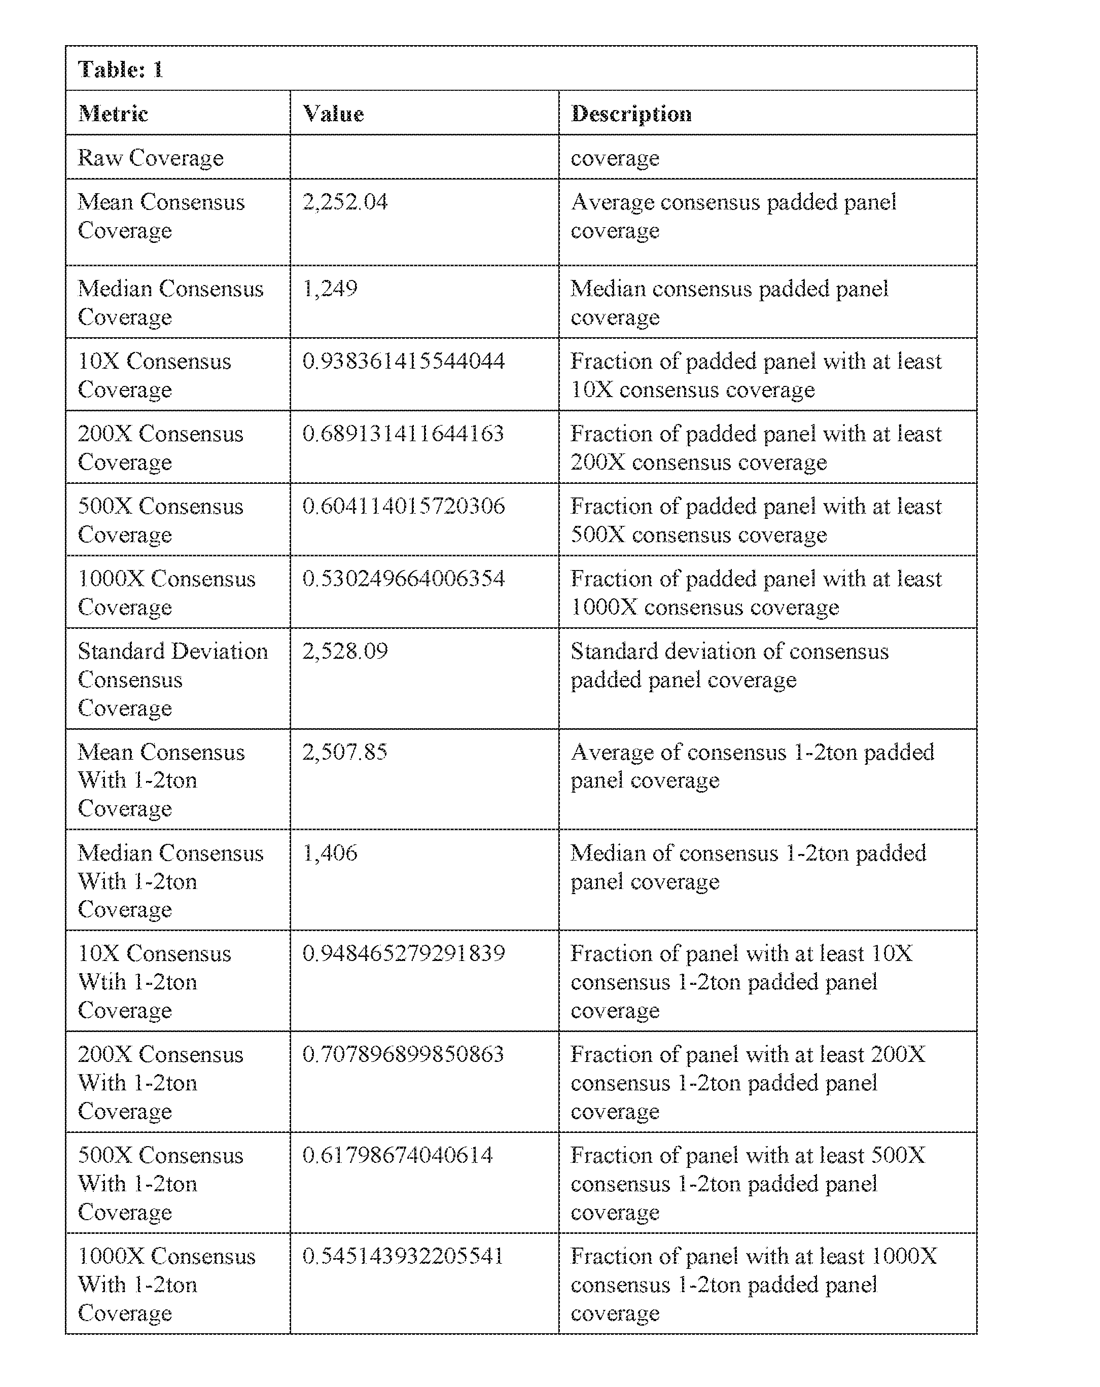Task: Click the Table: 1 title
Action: tap(120, 69)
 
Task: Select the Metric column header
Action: tap(113, 114)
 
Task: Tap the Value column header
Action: tap(333, 114)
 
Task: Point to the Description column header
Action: tap(631, 114)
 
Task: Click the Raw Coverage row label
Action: tap(151, 158)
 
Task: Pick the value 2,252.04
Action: tap(345, 202)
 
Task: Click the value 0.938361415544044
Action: tap(403, 361)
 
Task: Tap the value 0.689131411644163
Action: tap(403, 434)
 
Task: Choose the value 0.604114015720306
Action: tap(403, 506)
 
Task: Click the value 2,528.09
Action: tap(345, 651)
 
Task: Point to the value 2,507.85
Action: tap(345, 752)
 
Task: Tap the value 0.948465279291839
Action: tap(403, 953)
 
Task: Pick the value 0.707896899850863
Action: tap(403, 1054)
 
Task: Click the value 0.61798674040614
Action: tap(397, 1155)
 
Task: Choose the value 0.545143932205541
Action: tap(403, 1256)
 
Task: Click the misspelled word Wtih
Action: tap(101, 982)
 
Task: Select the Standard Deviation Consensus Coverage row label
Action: tap(172, 680)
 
